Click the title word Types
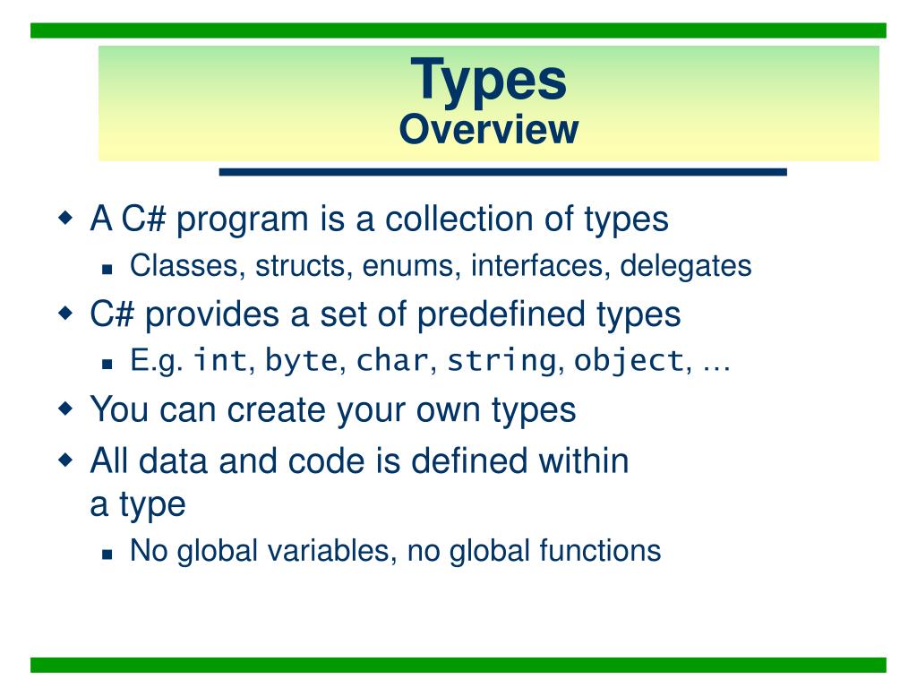488,81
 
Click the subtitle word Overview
489,129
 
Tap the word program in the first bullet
242,220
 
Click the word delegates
685,267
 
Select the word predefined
501,314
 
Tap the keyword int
221,359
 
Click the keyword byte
302,360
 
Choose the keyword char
392,360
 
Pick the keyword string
501,361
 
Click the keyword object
629,361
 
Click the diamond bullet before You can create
66,408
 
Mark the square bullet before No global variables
107,554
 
